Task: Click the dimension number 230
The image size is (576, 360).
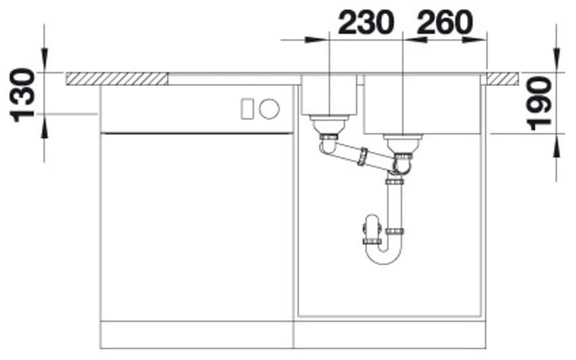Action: pos(366,23)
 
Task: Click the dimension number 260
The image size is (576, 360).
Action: pos(445,23)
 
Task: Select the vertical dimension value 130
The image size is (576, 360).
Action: pos(23,95)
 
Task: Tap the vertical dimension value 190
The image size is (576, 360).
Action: pos(539,104)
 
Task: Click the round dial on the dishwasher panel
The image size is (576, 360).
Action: pos(269,109)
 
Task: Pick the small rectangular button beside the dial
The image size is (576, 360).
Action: pos(247,109)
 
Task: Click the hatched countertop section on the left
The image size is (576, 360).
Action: pos(117,79)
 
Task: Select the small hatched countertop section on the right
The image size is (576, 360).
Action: pos(503,79)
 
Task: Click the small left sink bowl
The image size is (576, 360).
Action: pos(329,95)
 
